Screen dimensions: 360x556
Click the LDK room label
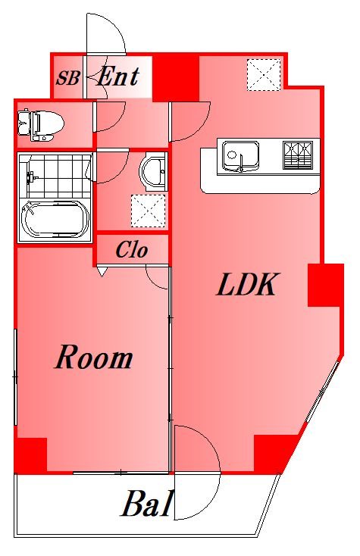(x=246, y=284)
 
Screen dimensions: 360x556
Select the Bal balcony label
(x=147, y=504)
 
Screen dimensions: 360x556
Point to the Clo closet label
(x=132, y=250)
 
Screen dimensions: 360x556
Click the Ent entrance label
(x=117, y=76)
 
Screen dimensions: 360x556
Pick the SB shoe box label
(x=67, y=78)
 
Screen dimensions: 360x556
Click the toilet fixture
(x=41, y=125)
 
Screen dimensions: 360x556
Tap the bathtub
(x=55, y=220)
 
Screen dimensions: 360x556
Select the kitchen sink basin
(x=240, y=156)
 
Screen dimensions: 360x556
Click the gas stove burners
(x=298, y=155)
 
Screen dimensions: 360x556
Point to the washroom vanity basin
(x=153, y=173)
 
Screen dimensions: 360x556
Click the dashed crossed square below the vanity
(x=149, y=211)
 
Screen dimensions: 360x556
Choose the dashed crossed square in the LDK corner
(x=264, y=75)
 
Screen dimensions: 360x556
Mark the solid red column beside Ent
(x=176, y=77)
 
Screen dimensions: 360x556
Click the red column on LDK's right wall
(x=326, y=285)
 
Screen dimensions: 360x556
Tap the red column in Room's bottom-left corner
(x=31, y=455)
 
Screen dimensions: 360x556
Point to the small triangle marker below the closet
(x=102, y=272)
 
